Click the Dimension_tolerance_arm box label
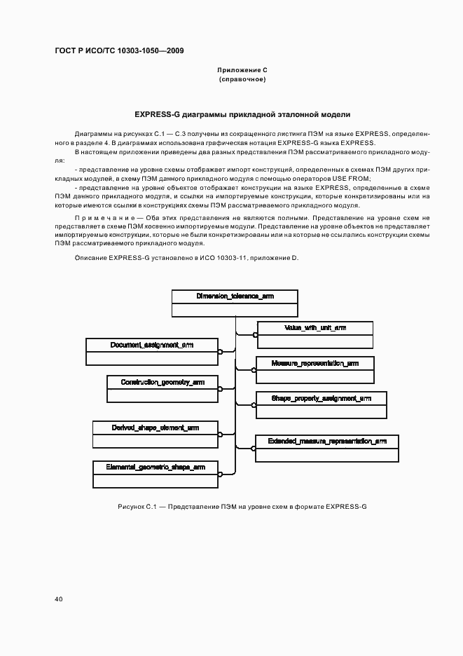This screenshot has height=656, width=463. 235,296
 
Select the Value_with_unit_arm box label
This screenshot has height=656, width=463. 315,328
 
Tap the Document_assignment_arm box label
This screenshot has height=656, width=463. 152,345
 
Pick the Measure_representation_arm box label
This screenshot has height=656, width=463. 315,364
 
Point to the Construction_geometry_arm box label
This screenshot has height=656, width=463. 163,382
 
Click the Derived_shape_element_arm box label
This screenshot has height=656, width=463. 156,427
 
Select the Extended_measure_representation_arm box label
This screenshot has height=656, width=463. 327,442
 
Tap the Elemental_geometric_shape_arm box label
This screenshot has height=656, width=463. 156,466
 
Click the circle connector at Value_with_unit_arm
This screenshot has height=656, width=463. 256,336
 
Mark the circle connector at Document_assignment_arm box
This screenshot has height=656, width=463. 220,353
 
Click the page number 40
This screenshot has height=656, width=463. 59,599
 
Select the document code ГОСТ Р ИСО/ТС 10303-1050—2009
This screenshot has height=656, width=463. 119,51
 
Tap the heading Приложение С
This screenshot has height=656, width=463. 242,70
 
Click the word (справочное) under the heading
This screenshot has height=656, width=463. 242,79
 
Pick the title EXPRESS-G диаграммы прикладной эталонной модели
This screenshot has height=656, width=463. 242,114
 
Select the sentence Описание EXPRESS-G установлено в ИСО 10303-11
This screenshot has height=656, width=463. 186,259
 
